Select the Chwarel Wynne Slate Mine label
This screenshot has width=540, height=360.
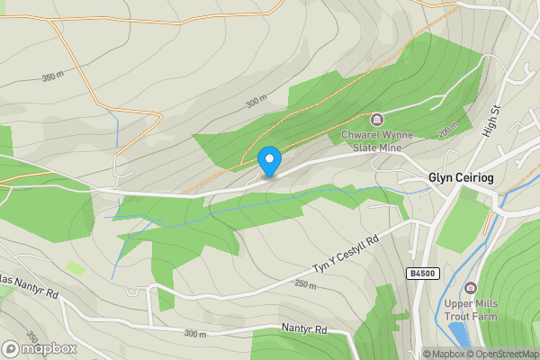[377, 141]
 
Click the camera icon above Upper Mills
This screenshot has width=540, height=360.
[470, 288]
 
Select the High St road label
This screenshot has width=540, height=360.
[490, 118]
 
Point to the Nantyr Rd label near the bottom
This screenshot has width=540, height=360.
[303, 329]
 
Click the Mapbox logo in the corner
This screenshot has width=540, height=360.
[39, 348]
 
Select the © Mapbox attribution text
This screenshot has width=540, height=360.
[445, 354]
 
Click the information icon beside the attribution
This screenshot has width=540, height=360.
[415, 354]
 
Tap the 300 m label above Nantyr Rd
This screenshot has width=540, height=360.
[194, 335]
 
